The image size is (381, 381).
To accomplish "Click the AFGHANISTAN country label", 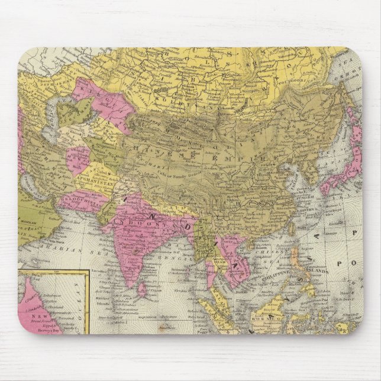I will click(x=89, y=175).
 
